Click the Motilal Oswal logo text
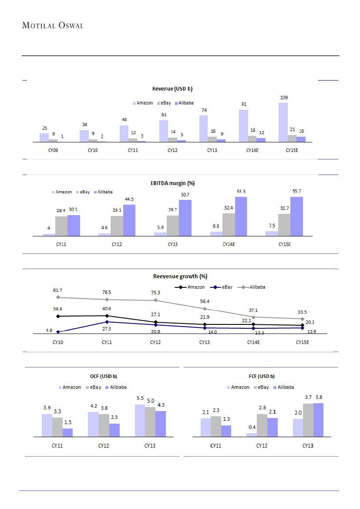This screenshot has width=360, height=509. pos(52,25)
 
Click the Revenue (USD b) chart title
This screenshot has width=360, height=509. pos(172,89)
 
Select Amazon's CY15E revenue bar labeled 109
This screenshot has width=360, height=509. pos(283,122)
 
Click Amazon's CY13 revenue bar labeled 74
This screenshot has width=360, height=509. pos(203,128)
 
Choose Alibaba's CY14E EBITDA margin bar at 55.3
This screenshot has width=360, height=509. pos(241,216)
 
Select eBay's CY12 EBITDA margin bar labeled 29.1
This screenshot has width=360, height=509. pos(117,226)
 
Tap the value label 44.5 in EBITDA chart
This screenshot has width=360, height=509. pos(129,199)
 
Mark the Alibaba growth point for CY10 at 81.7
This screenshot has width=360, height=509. pos(58,297)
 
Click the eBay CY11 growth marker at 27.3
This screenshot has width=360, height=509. pos(107,322)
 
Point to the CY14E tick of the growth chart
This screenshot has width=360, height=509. pos(253,342)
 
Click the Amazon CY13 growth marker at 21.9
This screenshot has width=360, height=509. pos(205,324)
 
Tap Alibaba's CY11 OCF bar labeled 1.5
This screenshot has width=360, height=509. pos(67,432)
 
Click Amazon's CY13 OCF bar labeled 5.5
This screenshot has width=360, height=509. pos(140,420)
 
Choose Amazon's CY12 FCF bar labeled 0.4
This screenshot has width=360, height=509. pos(252,435)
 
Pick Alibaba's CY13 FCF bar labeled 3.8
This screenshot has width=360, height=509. pos(318,419)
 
